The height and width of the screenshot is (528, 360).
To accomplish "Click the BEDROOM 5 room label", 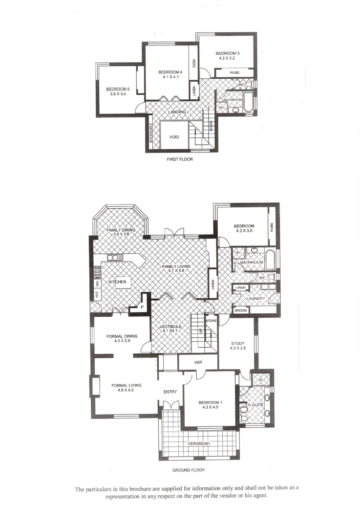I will click(x=118, y=89).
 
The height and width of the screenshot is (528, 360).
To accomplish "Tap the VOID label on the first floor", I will click(x=174, y=137).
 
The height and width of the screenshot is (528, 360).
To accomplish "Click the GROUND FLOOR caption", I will click(x=188, y=470).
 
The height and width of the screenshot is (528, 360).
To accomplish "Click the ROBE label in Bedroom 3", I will click(x=235, y=72).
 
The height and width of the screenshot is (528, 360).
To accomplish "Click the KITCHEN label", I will click(x=117, y=282).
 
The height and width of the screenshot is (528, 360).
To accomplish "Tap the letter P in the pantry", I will click(x=142, y=308).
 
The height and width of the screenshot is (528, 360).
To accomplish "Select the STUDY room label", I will click(x=237, y=343).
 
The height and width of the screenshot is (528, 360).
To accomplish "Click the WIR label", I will click(x=198, y=362).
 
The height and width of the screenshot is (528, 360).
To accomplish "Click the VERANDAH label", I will click(x=199, y=443).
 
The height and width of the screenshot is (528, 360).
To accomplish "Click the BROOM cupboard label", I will click(x=241, y=310).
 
